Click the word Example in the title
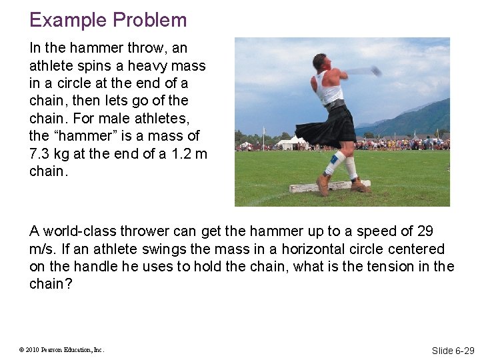tap(64, 20)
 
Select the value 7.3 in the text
tap(39, 154)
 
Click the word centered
tap(417, 249)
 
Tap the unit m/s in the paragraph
tap(41, 249)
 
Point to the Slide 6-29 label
tap(453, 350)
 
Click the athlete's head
tap(321, 63)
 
